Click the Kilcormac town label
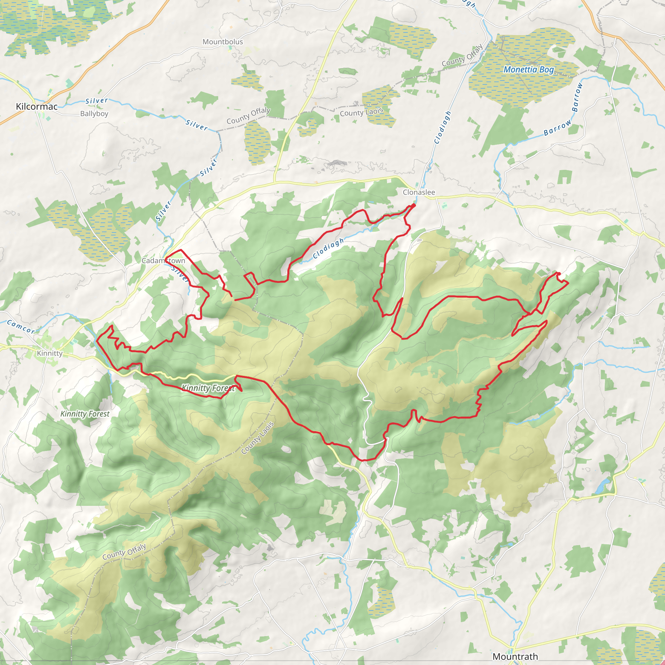(37, 107)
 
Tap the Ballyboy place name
(94, 114)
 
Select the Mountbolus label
(223, 42)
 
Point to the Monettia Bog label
(529, 69)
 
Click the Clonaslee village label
(419, 192)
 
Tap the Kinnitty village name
(50, 353)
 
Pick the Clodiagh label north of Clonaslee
(443, 127)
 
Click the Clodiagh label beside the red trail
(328, 248)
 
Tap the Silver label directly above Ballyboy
(97, 101)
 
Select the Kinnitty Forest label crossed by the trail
(208, 388)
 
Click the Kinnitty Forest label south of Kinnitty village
(85, 414)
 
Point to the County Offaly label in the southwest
(124, 551)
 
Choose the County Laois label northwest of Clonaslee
(361, 112)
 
